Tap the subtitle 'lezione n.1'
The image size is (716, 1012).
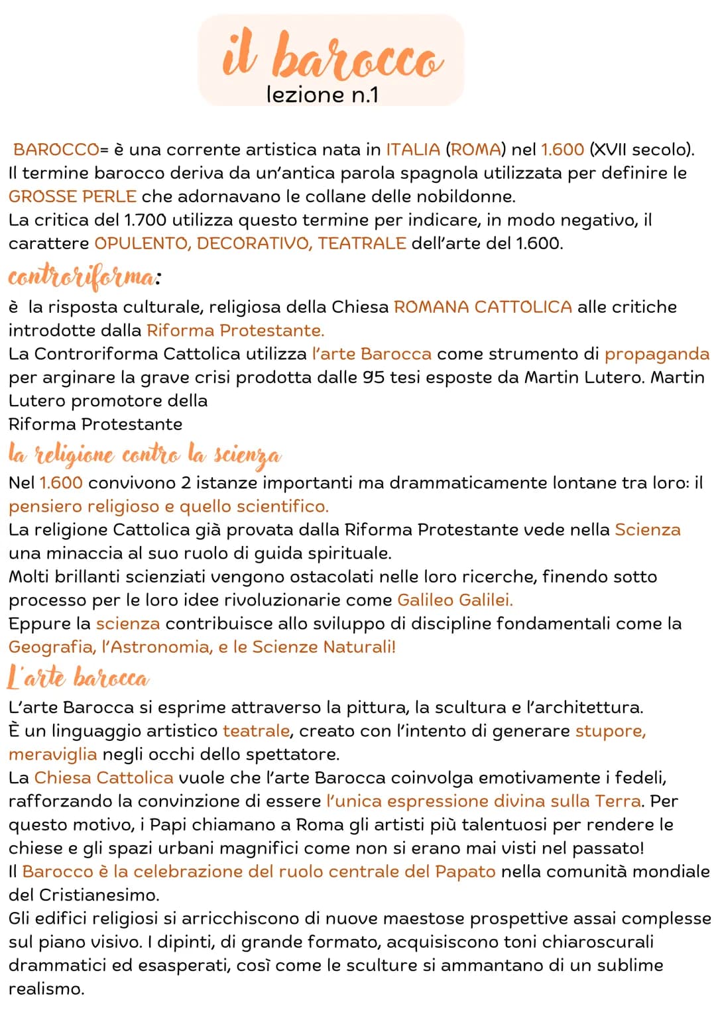click(322, 95)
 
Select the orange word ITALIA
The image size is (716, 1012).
click(412, 149)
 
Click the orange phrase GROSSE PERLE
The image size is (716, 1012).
click(72, 197)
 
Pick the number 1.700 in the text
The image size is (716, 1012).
click(143, 220)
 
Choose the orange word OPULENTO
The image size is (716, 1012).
click(141, 243)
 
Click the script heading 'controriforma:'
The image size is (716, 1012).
click(84, 277)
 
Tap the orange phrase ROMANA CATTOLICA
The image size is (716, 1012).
click(483, 307)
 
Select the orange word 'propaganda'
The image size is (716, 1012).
click(656, 354)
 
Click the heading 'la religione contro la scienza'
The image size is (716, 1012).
click(145, 455)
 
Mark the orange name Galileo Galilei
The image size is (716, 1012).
click(455, 600)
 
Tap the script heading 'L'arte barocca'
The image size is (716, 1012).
click(78, 678)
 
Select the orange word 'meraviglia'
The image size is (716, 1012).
click(52, 754)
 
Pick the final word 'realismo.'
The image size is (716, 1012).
click(46, 989)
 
